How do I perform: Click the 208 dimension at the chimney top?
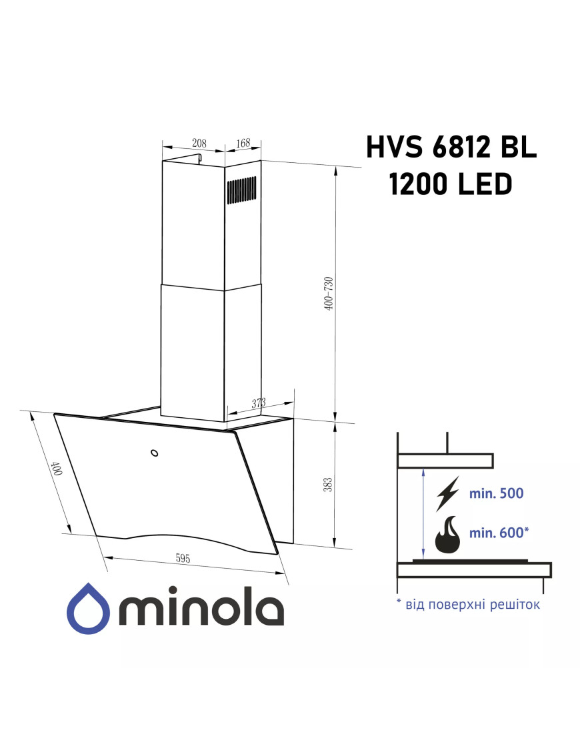point(199,143)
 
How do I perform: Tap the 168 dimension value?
point(243,143)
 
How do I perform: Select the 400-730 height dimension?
point(329,293)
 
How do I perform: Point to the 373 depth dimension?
point(259,403)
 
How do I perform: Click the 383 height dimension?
point(327,485)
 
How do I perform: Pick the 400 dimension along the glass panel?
point(57,468)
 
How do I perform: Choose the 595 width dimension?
point(183,558)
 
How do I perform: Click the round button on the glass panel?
point(155,453)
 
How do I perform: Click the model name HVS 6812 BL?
point(451,147)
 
